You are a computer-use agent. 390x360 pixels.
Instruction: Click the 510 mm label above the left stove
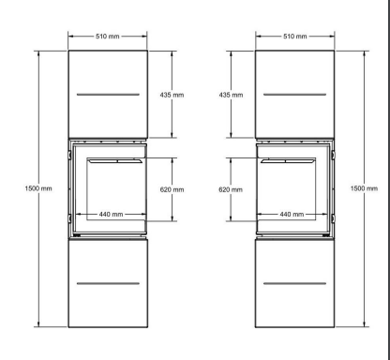pos(108,37)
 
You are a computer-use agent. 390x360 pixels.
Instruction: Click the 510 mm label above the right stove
pos(295,37)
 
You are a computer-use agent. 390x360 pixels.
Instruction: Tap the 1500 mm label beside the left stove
pos(38,188)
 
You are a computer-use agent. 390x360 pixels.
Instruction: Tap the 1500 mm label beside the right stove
pos(364,188)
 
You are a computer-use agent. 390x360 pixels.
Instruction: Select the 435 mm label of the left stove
pos(172,95)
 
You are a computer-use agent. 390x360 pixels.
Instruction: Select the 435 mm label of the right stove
pos(231,95)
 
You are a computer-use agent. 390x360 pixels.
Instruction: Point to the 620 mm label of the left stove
pos(172,189)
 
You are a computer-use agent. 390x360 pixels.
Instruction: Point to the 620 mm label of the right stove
pos(231,189)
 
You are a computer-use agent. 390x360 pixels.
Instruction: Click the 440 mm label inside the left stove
pos(111,214)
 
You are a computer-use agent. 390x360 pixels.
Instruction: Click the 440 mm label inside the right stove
pos(292,214)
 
